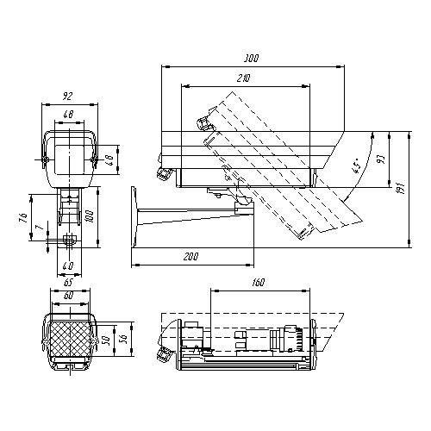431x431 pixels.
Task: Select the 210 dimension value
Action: (x=244, y=79)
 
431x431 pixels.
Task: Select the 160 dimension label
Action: (x=259, y=281)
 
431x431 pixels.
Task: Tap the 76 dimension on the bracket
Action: (x=24, y=217)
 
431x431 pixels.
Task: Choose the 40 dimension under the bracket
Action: (x=67, y=265)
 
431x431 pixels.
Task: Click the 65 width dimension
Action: (x=67, y=282)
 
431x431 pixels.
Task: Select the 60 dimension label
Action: (x=67, y=294)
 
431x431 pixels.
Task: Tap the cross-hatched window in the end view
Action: (x=67, y=337)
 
